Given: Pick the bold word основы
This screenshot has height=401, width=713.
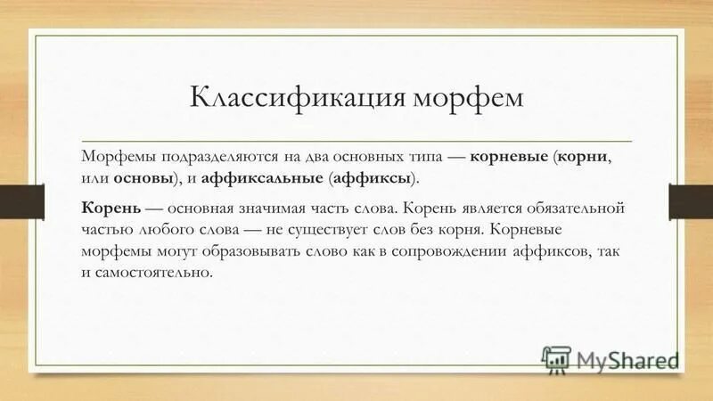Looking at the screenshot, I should click(143, 178).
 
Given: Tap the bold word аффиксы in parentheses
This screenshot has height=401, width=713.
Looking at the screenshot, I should click(372, 178).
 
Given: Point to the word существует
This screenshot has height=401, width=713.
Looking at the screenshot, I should click(332, 230).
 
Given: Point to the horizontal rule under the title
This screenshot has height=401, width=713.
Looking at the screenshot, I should click(356, 141).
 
